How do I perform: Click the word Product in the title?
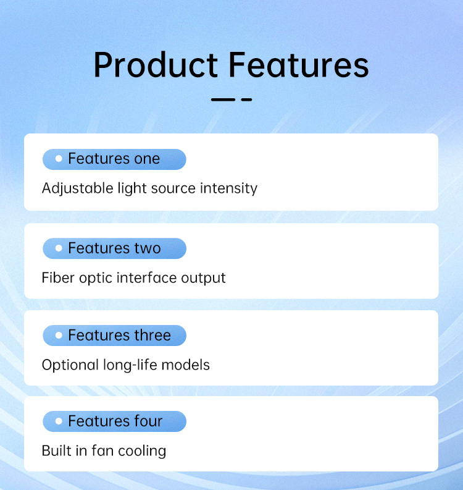click(156, 65)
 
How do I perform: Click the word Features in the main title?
click(299, 65)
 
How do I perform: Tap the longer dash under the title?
click(223, 99)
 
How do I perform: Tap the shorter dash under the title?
click(246, 99)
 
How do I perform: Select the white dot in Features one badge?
click(59, 158)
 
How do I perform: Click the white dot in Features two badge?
click(59, 248)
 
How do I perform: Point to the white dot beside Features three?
click(59, 336)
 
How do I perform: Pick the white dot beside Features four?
click(59, 421)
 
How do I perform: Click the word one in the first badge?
click(147, 159)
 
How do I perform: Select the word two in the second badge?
click(148, 248)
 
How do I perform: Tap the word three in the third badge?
click(152, 336)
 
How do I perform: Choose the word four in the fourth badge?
click(148, 421)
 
